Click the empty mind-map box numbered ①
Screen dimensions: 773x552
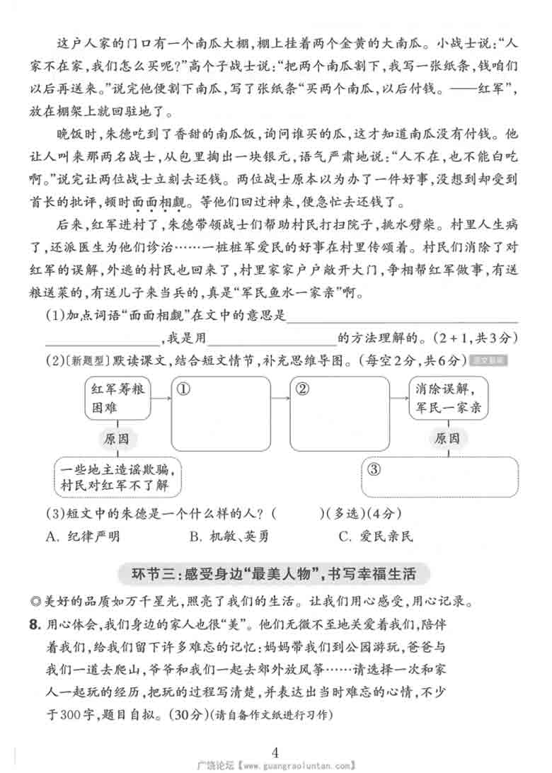pyautogui.click(x=222, y=413)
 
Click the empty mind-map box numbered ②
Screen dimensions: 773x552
pyautogui.click(x=340, y=413)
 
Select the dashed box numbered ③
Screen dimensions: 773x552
pyautogui.click(x=439, y=477)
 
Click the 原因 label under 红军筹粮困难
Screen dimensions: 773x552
pyautogui.click(x=117, y=439)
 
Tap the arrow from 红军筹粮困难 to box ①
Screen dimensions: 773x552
pyautogui.click(x=161, y=399)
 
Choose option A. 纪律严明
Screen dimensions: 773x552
pyautogui.click(x=82, y=536)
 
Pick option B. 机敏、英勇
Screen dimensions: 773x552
pyautogui.click(x=229, y=536)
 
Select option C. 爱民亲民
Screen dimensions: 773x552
pyautogui.click(x=375, y=536)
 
